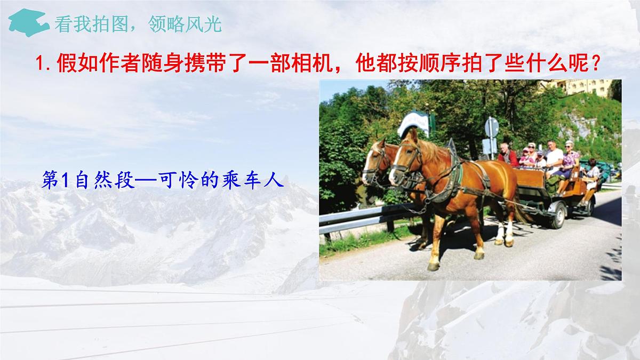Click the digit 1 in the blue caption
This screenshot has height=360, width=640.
pyautogui.click(x=66, y=181)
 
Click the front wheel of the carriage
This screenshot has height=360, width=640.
pyautogui.click(x=557, y=214)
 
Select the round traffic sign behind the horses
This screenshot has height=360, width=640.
pyautogui.click(x=491, y=127)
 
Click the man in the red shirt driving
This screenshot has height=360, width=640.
pyautogui.click(x=507, y=155)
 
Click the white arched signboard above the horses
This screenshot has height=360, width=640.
pyautogui.click(x=415, y=122)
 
